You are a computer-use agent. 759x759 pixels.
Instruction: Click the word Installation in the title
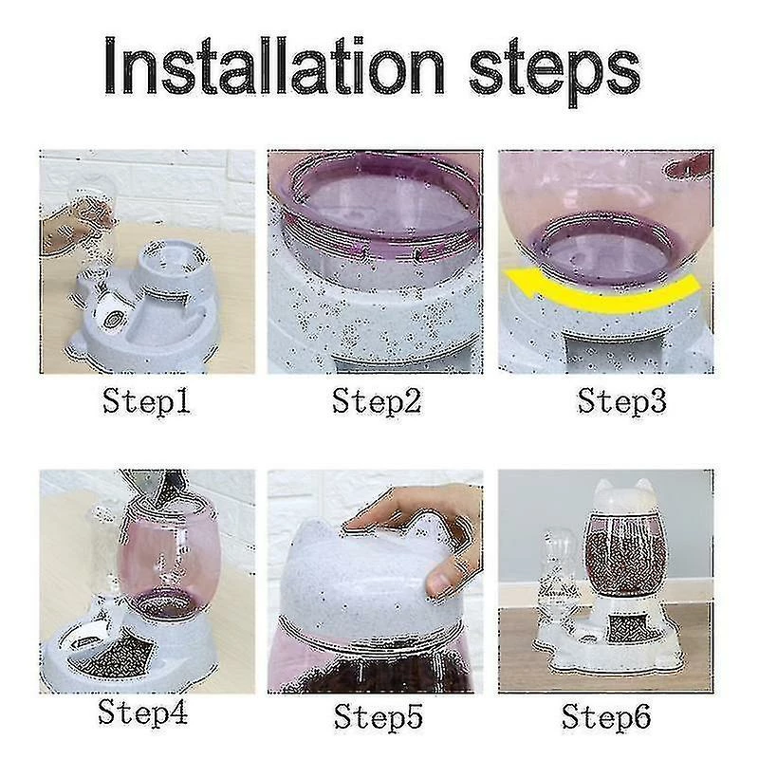point(274,65)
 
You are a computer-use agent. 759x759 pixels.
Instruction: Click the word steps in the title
point(555,72)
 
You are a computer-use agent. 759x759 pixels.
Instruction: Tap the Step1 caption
point(146,401)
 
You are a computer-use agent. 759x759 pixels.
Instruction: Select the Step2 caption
point(377,401)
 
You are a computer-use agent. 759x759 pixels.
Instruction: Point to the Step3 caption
point(622,401)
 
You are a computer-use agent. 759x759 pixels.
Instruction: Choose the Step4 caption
point(143,713)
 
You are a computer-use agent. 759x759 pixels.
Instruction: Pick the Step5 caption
point(378,716)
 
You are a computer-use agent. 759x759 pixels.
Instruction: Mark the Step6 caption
point(606,716)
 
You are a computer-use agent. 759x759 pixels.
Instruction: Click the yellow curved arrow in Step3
point(601,295)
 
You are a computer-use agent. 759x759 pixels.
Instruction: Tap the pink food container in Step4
point(170,562)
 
